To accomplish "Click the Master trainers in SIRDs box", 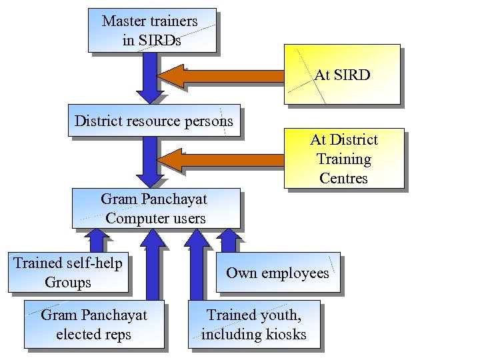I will (151, 30).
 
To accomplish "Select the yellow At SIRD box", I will (342, 75).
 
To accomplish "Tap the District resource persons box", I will (154, 121).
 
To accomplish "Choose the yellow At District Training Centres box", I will (344, 158).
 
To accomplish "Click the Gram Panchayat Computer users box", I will (156, 208).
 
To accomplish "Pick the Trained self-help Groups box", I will (68, 273).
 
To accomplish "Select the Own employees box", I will (277, 273).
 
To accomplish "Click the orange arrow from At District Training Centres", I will (223, 161).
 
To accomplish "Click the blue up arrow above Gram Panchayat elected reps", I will (152, 267).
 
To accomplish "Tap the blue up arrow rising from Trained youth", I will (197, 267).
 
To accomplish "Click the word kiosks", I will (283, 334).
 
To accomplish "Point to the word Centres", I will (343, 178).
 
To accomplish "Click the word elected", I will (78, 334).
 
